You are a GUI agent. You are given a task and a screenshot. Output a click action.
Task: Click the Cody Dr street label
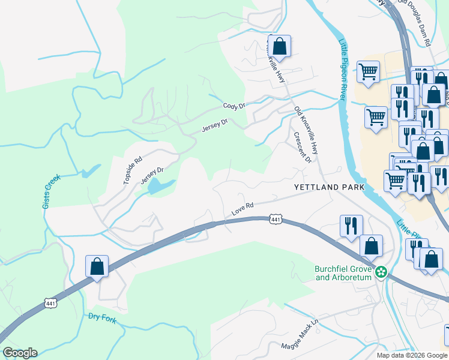(234, 106)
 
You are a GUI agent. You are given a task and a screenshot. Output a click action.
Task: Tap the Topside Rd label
(133, 169)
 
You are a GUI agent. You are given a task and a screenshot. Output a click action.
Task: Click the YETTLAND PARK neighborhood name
(329, 187)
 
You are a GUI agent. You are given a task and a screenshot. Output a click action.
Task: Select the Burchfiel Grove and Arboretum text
(343, 273)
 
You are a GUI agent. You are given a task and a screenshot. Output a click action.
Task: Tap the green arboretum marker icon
(381, 272)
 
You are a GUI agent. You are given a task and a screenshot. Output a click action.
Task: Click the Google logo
(20, 353)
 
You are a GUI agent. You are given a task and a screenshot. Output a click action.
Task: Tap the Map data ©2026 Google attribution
(412, 355)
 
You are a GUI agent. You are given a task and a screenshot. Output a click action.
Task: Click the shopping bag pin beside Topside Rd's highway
(97, 267)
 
